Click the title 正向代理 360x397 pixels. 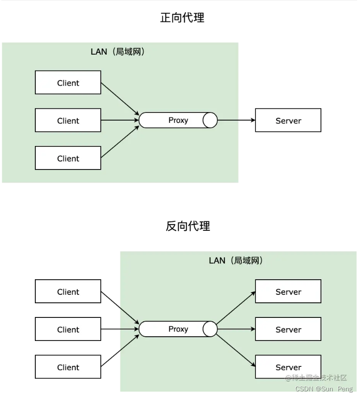(182, 18)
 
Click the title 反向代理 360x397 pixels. (188, 226)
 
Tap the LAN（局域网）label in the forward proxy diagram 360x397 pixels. (118, 52)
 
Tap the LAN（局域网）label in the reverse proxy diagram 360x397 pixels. (236, 260)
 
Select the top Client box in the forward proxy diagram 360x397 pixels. (68, 82)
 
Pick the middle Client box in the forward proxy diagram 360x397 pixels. (68, 120)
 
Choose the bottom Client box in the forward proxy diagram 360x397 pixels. (68, 158)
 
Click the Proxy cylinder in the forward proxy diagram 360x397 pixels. (178, 120)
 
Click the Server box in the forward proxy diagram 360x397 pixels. (288, 120)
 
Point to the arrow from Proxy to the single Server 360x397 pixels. (237, 120)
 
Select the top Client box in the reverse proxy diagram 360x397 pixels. (68, 292)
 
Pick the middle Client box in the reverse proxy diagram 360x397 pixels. (68, 329)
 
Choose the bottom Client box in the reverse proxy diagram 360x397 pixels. (68, 367)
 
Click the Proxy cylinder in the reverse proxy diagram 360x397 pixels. (178, 329)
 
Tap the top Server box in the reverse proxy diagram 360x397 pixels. (288, 292)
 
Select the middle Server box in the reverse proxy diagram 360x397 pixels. (288, 329)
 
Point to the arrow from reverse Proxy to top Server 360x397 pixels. (236, 308)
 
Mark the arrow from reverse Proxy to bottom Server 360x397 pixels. (236, 350)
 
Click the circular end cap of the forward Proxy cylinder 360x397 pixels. (210, 120)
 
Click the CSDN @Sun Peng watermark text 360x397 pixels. (324, 389)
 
